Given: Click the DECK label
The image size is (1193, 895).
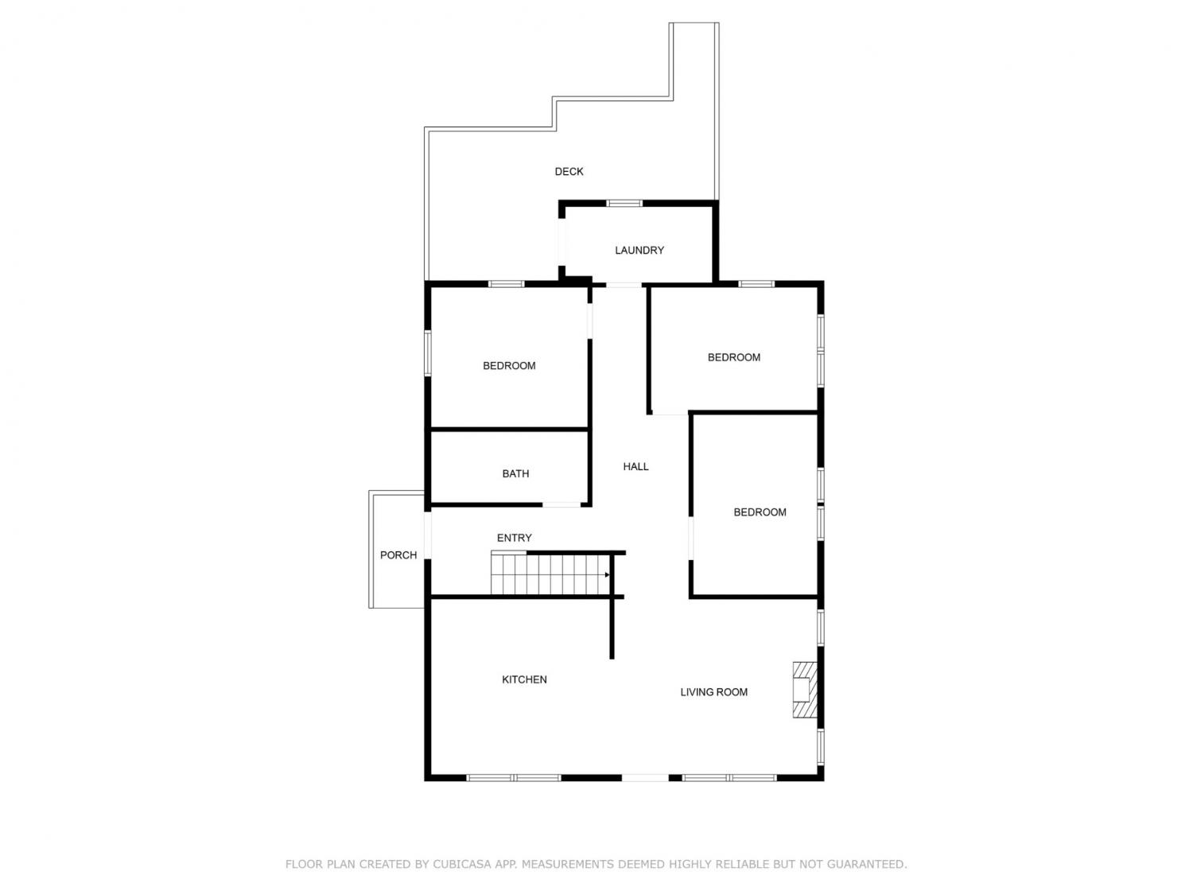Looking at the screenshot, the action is pyautogui.click(x=569, y=172).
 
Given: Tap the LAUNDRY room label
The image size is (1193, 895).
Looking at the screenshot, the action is pyautogui.click(x=639, y=251).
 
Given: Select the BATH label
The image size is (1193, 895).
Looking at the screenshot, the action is pyautogui.click(x=515, y=474).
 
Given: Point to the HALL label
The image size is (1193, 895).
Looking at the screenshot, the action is pyautogui.click(x=635, y=467).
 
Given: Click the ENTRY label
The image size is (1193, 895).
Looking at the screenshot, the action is pyautogui.click(x=514, y=538).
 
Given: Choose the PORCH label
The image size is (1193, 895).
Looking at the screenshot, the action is pyautogui.click(x=398, y=555).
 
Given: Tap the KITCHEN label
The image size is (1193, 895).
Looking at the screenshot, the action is pyautogui.click(x=524, y=680).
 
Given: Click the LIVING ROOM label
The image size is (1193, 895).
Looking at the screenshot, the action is pyautogui.click(x=713, y=692).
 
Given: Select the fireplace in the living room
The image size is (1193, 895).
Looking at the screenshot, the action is pyautogui.click(x=805, y=690).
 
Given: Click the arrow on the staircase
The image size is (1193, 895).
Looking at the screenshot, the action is pyautogui.click(x=607, y=575).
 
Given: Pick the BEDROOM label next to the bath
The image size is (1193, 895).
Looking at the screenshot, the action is pyautogui.click(x=509, y=366).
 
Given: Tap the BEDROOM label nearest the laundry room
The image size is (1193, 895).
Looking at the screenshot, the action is pyautogui.click(x=733, y=357).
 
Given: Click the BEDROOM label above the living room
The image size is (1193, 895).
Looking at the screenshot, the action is pyautogui.click(x=760, y=512).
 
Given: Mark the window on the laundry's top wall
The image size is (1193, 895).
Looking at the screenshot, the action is pyautogui.click(x=624, y=204).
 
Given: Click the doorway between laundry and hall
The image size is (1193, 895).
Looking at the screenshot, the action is pyautogui.click(x=624, y=286).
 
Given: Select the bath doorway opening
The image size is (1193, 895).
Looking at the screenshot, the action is pyautogui.click(x=562, y=505).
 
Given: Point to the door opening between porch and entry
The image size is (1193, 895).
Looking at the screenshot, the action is pyautogui.click(x=428, y=535).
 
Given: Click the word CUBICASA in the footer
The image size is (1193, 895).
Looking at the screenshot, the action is pyautogui.click(x=458, y=863).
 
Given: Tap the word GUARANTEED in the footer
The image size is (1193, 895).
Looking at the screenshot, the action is pyautogui.click(x=867, y=863).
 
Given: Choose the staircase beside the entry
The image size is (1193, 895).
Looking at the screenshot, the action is pyautogui.click(x=550, y=574).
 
